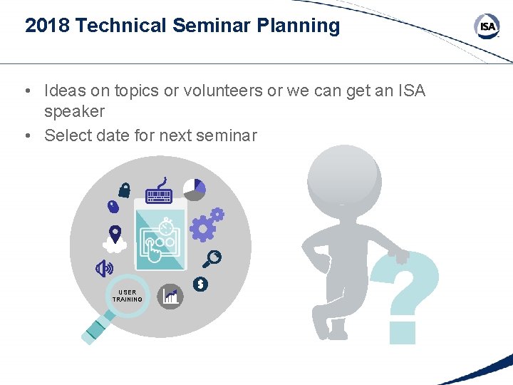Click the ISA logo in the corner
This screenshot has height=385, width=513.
coord(487,26)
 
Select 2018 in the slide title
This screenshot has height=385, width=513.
coord(47,26)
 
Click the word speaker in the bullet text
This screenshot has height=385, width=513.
coord(74,111)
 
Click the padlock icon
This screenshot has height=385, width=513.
coord(125,189)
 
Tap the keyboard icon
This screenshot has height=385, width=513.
coord(160,194)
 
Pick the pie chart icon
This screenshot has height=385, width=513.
coord(195,189)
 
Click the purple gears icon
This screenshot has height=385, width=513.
coord(207,225)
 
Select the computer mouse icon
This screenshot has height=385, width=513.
coord(113,207)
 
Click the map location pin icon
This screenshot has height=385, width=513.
coord(115,233)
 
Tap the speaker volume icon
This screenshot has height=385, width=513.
coord(105,268)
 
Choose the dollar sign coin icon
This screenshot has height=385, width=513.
coord(201,284)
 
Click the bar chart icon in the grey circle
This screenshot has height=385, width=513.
coord(170,296)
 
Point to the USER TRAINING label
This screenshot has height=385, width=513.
coord(128,296)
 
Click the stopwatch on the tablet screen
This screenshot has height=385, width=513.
coord(167,227)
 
